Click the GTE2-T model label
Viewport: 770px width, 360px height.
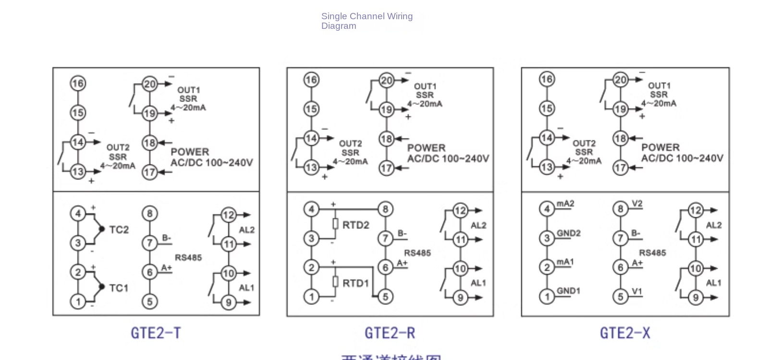tap(156, 333)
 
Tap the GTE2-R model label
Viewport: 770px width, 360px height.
tap(390, 333)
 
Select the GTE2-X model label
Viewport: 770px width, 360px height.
tap(624, 333)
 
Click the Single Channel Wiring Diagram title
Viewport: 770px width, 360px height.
tap(367, 21)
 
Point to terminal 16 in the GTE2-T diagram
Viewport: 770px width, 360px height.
tap(78, 84)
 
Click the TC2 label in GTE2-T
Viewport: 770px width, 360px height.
tap(119, 230)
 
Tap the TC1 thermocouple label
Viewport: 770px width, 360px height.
tap(119, 288)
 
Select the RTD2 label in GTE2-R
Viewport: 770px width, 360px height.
tap(355, 225)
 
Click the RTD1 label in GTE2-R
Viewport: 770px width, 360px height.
tap(355, 283)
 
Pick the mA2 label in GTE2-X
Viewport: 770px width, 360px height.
tap(565, 204)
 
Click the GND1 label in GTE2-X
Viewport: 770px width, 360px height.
tap(568, 291)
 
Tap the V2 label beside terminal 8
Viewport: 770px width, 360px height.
tap(637, 204)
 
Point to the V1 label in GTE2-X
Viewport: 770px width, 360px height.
tap(637, 291)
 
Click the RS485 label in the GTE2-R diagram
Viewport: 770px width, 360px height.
tap(417, 253)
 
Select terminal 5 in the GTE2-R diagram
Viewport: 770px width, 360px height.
tap(385, 297)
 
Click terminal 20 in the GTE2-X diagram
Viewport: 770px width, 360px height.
tap(621, 80)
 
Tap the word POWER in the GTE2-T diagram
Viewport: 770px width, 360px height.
tap(190, 152)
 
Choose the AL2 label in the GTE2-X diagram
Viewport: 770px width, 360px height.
tap(713, 225)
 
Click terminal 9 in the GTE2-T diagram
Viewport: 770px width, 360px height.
tap(229, 302)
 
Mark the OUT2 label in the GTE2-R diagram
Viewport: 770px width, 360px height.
tap(350, 144)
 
